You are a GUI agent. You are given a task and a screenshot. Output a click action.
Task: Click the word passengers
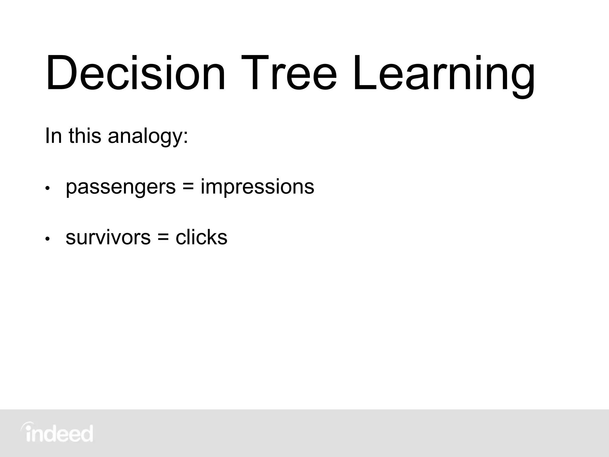(x=121, y=187)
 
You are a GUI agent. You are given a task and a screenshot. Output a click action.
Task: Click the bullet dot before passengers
(x=47, y=189)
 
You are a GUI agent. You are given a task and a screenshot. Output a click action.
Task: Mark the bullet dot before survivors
(x=47, y=239)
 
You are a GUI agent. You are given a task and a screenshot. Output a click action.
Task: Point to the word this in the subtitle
(x=85, y=136)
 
